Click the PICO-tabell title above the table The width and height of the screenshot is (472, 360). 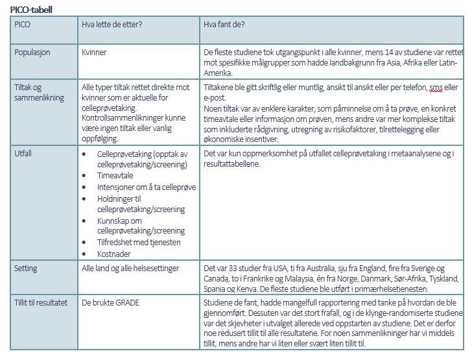click(32, 10)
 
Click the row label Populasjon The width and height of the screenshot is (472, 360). click(32, 52)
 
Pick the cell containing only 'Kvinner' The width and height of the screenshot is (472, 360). click(94, 52)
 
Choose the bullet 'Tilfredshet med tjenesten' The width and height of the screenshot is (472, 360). click(139, 242)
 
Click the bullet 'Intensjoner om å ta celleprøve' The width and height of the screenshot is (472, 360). click(147, 187)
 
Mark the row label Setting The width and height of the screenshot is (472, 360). click(26, 268)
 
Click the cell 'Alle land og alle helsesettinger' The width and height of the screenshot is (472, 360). click(130, 268)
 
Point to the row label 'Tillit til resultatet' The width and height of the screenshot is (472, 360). click(40, 302)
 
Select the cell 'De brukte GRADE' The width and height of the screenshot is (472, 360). click(110, 302)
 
